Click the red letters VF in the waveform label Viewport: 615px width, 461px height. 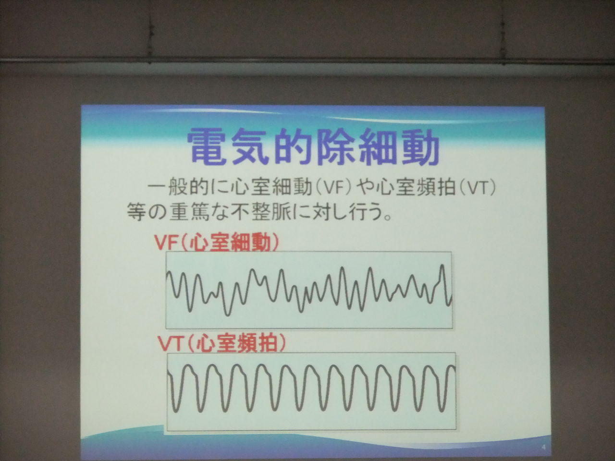click(166, 243)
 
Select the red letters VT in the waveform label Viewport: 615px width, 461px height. click(171, 343)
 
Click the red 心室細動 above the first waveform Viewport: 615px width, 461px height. click(230, 243)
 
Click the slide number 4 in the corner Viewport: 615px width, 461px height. click(544, 447)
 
